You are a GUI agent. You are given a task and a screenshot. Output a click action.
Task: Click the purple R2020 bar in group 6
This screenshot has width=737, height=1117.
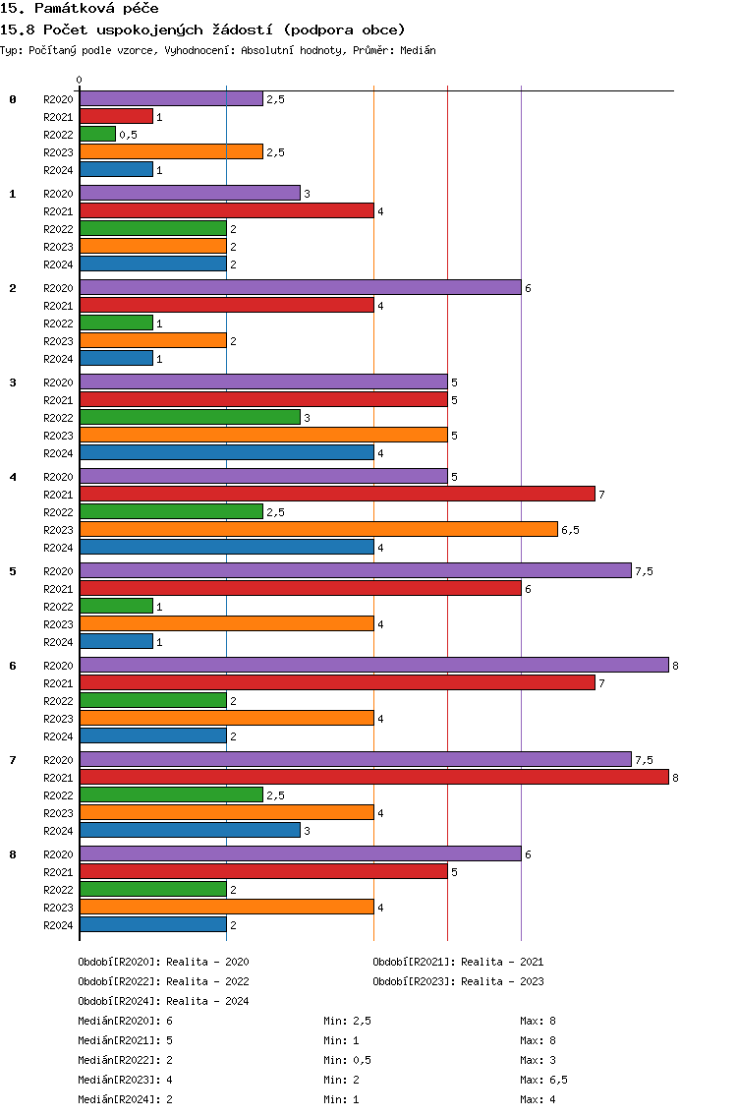[374, 666]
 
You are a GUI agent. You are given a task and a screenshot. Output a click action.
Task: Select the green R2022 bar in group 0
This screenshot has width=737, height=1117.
[97, 134]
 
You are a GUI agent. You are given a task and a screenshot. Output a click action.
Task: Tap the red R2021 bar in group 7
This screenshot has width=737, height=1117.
[374, 777]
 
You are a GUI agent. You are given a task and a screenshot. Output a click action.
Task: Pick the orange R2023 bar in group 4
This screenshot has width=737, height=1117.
[319, 529]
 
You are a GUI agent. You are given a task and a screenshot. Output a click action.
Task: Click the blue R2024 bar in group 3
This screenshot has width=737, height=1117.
[227, 452]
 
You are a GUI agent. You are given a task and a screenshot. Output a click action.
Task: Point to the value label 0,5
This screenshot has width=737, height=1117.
[128, 135]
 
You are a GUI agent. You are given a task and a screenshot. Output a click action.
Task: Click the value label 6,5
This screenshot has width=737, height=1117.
[570, 530]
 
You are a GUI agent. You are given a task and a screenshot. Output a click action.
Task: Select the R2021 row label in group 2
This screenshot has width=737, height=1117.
[58, 306]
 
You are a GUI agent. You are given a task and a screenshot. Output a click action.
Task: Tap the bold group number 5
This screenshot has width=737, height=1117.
[13, 571]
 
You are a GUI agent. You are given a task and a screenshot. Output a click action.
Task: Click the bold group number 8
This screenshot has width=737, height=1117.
[13, 854]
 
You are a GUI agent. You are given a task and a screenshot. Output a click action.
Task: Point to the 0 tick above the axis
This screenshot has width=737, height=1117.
[79, 80]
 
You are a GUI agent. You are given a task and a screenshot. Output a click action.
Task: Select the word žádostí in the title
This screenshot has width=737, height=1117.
[242, 29]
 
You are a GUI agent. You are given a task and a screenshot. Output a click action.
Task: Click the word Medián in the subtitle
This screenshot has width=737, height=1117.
[418, 50]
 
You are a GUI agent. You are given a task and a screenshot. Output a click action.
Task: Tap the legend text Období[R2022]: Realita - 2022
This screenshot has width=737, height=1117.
[164, 981]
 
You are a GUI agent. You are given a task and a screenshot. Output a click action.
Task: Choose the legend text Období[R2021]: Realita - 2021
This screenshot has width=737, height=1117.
[458, 962]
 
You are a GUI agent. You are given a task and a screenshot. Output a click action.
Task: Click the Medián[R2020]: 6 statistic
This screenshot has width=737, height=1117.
[126, 1021]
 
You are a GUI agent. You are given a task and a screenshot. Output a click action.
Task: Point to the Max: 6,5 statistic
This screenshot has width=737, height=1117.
[544, 1080]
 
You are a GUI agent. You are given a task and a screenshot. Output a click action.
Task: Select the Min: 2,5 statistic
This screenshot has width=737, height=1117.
[348, 1021]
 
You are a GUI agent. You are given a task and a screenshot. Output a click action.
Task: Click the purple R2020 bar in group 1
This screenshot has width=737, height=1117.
[190, 193]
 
